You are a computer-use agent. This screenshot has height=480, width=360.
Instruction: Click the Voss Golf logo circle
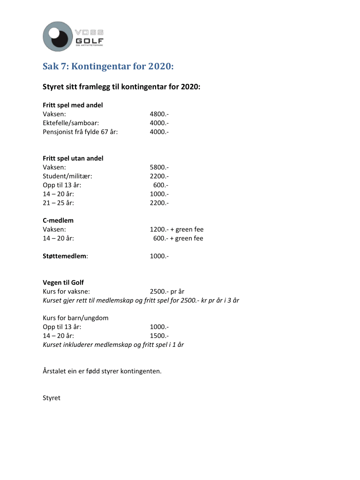(58, 37)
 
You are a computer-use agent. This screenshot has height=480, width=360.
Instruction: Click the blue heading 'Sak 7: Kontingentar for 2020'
(108, 67)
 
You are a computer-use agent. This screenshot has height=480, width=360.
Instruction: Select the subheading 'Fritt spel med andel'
(73, 105)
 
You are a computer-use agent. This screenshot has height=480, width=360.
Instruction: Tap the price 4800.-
(159, 114)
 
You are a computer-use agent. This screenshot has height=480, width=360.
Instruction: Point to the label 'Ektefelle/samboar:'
(71, 123)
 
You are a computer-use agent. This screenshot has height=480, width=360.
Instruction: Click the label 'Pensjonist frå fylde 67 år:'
(80, 132)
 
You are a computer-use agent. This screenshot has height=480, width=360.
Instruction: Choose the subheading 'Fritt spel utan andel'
(73, 158)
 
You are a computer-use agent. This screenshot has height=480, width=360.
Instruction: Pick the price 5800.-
(159, 167)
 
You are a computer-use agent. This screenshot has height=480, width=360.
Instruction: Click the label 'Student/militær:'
(67, 176)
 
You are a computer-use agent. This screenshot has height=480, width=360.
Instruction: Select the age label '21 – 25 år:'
(59, 203)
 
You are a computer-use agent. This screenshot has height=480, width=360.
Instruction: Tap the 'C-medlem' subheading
(58, 220)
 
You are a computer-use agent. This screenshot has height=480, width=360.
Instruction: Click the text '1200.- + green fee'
(176, 230)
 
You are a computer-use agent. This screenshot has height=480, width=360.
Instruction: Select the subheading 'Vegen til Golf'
(63, 283)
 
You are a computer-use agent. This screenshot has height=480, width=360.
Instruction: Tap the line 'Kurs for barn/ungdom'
(75, 318)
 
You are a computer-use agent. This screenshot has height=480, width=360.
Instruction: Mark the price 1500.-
(159, 336)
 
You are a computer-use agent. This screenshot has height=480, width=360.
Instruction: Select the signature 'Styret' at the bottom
(52, 398)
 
